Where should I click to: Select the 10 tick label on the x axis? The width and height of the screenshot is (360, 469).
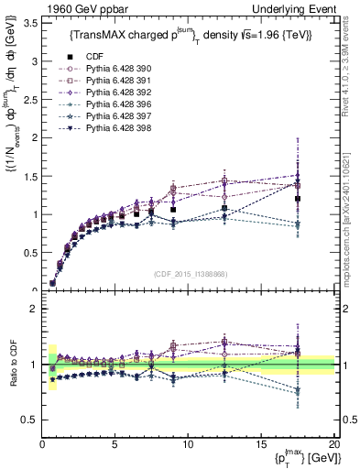(x=188, y=444)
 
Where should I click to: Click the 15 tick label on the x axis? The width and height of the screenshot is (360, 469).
(x=261, y=444)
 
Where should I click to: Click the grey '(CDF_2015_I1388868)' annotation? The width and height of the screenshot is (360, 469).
(x=189, y=273)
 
